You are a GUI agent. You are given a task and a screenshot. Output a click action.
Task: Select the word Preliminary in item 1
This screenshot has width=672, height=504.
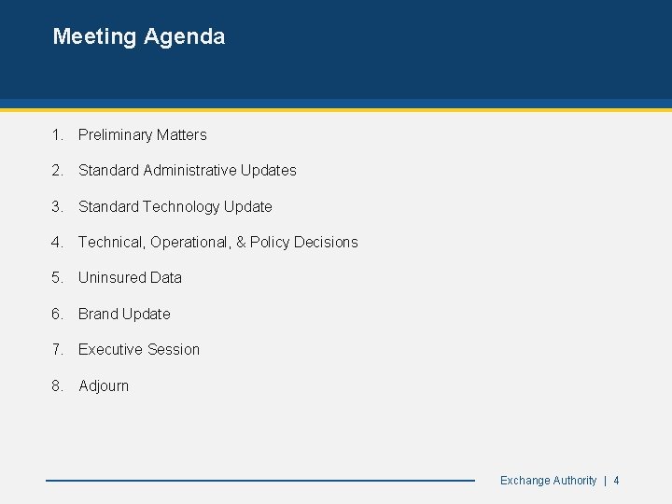116,134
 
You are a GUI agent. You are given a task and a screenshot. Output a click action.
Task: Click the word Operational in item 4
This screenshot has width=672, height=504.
189,242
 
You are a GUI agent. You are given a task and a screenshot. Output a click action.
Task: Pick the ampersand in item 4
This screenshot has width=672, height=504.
241,242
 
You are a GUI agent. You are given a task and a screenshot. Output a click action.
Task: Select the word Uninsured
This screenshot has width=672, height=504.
112,277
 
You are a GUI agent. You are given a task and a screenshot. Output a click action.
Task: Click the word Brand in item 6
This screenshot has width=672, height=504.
98,314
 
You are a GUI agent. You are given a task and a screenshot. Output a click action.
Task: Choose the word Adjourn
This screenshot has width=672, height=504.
104,385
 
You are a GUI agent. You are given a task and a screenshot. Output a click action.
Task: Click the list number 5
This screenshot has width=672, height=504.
58,277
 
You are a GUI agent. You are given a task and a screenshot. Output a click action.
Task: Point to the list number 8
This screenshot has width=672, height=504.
58,385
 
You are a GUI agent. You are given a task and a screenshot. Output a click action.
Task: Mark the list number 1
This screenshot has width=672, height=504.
58,134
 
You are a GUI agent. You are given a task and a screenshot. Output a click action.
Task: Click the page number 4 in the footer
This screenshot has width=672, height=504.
616,481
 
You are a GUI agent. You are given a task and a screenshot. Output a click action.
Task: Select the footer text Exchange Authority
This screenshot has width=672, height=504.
548,481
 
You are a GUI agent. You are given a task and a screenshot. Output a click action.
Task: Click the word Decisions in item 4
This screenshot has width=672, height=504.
326,242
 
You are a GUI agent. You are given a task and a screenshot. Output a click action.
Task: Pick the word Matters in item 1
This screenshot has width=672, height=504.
182,134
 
